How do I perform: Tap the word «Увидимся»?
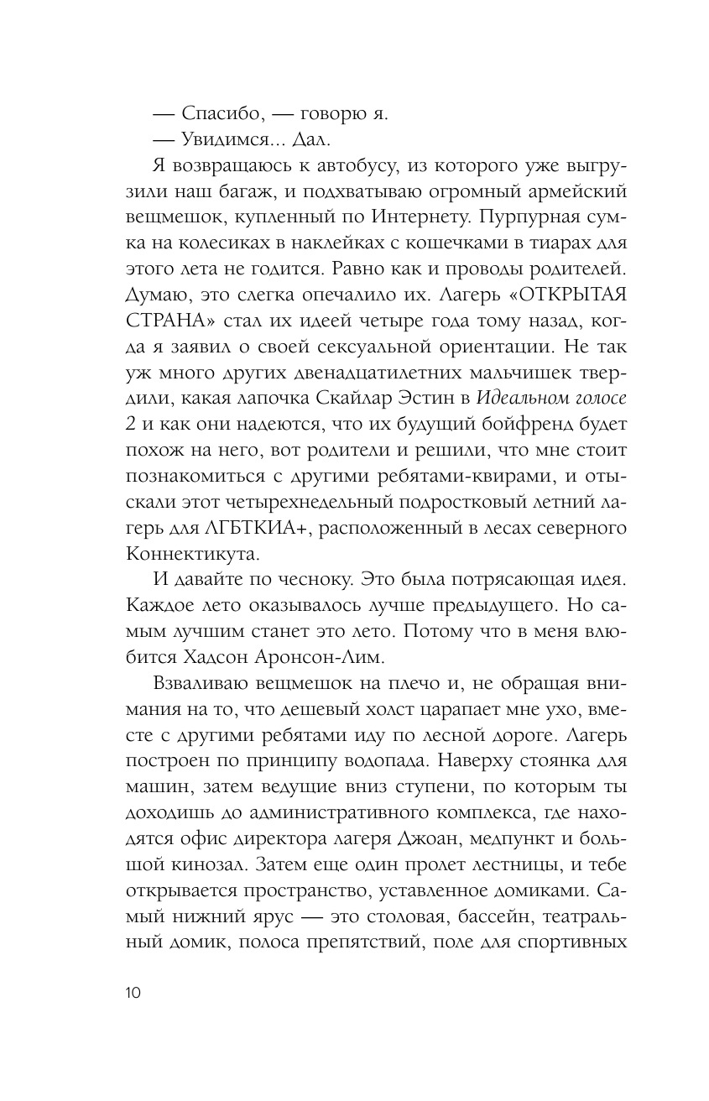(227, 140)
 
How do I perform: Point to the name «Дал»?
(326, 140)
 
